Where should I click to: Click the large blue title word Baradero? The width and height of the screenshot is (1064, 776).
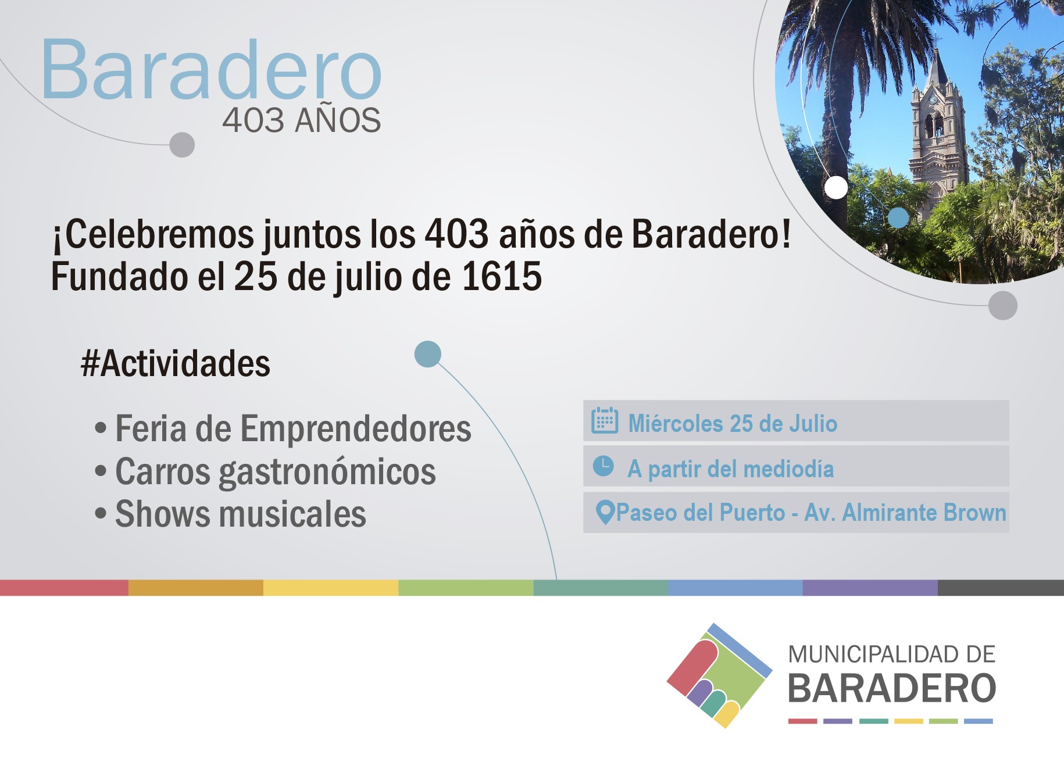point(211,69)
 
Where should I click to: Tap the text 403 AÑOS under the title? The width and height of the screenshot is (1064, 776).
point(301,120)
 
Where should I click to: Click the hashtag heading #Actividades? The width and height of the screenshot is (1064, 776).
point(175,364)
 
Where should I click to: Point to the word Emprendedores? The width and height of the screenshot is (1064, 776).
point(356,429)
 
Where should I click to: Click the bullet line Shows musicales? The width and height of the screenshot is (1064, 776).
point(230,514)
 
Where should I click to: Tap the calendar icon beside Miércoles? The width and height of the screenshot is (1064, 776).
point(605,420)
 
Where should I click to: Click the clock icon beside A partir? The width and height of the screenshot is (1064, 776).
point(604,466)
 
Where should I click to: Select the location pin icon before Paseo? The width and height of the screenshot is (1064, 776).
point(605,513)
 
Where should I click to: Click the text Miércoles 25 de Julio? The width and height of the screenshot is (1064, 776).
point(733,424)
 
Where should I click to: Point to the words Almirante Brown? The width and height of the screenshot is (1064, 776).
point(924,513)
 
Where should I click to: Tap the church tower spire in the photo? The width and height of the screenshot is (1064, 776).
point(937,67)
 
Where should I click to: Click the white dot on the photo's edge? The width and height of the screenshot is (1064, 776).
point(836,187)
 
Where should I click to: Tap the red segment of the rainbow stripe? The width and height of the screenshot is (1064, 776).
point(64,588)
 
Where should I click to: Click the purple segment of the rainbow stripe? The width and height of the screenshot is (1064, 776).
point(870,588)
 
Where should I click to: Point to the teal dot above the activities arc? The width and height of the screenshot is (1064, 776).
point(428,354)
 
